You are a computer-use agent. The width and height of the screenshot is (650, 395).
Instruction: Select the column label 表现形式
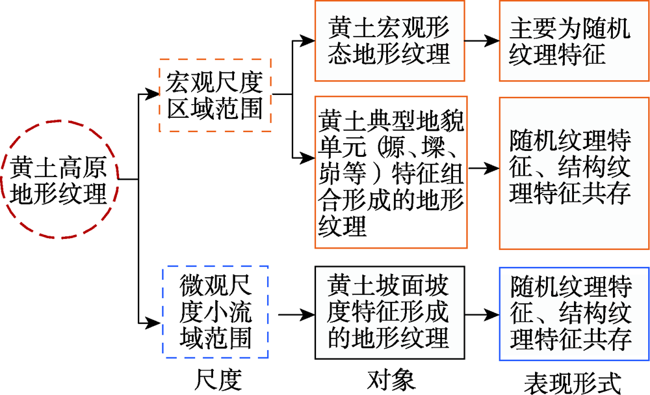coord(573,383)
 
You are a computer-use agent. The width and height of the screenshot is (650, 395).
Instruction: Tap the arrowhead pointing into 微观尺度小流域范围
coord(153,323)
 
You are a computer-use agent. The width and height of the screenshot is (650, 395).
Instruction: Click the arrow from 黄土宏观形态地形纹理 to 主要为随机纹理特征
coord(482,40)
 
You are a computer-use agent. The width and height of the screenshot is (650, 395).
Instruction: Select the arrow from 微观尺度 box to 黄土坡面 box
coord(296,314)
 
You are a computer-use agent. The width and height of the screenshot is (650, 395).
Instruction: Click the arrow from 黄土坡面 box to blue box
coord(482,314)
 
